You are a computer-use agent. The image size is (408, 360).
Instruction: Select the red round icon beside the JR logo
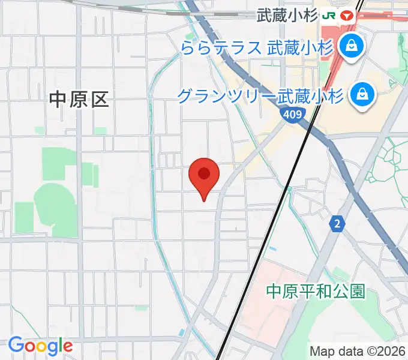point(346,14)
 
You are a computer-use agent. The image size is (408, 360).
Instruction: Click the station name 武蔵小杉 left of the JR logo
point(287,15)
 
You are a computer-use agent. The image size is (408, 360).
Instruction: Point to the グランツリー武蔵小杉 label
point(260,95)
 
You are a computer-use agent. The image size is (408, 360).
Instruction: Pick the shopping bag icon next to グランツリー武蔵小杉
point(363,94)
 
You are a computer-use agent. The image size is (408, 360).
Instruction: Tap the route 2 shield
point(338,224)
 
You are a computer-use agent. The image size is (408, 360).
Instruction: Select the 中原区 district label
point(79,100)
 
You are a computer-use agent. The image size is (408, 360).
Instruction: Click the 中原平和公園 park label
point(316,292)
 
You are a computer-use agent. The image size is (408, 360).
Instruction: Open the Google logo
point(40,346)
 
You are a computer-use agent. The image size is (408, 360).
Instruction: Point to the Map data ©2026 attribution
point(358,350)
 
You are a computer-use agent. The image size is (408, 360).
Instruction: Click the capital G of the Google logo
point(16,345)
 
